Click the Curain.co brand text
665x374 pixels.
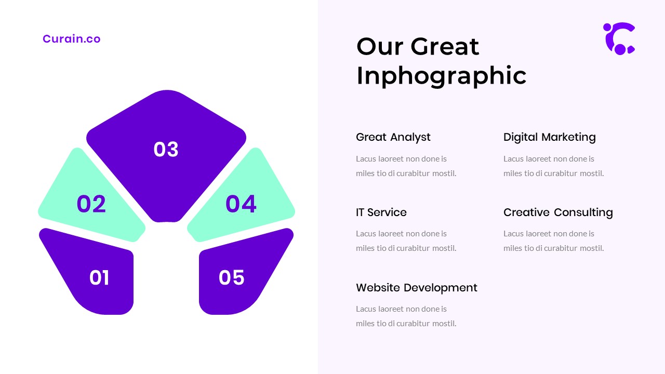point(72,39)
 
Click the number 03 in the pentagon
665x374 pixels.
point(166,149)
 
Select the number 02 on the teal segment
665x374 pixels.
point(91,204)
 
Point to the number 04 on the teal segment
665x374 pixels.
point(241,204)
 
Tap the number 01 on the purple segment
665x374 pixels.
point(99,278)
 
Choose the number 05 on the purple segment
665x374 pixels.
point(232,278)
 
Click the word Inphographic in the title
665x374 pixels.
point(442,76)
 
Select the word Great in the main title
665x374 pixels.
point(445,47)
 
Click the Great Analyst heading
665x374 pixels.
point(393,137)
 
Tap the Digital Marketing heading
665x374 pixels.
point(550,137)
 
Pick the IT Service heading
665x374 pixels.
point(381,212)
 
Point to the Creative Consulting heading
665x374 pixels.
point(558,212)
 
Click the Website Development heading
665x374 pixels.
point(417,288)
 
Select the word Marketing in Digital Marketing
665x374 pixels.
point(568,137)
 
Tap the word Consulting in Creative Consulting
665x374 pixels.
point(583,212)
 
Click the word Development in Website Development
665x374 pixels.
point(441,288)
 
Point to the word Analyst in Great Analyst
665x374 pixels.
point(410,138)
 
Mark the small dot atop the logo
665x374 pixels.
point(607,28)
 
